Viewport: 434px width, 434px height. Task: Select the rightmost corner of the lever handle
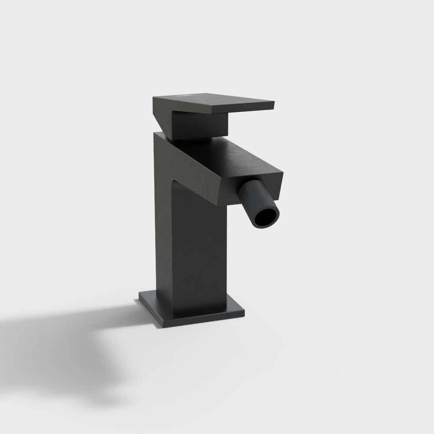click(276, 103)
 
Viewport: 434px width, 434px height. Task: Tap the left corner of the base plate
click(140, 295)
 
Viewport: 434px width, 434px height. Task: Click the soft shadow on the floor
click(65, 339)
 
